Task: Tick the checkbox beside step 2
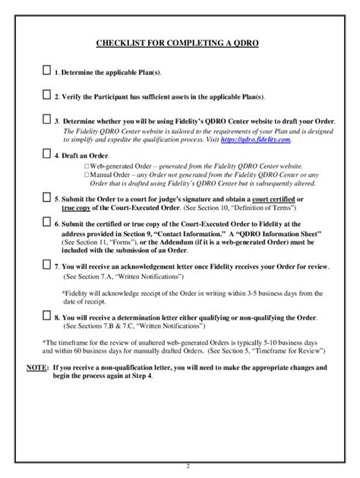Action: tap(47, 96)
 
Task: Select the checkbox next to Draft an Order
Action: tap(47, 153)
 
